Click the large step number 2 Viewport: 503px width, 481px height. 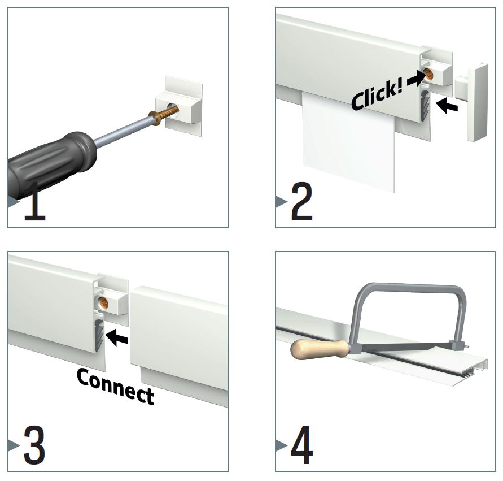pyautogui.click(x=301, y=201)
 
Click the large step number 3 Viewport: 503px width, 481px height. pyautogui.click(x=34, y=445)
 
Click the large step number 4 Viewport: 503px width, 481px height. pyautogui.click(x=302, y=445)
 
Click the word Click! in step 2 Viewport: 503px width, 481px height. pyautogui.click(x=377, y=96)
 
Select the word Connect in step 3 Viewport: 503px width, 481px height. pyautogui.click(x=116, y=386)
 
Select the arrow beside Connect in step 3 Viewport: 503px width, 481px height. pyautogui.click(x=117, y=338)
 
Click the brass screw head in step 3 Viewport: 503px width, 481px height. pyautogui.click(x=104, y=302)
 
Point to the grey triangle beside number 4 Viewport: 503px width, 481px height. pyautogui.click(x=281, y=445)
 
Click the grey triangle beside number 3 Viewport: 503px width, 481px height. pyautogui.click(x=14, y=445)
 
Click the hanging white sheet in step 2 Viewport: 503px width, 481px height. pyautogui.click(x=348, y=141)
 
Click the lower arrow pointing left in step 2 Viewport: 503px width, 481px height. pyautogui.click(x=447, y=106)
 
